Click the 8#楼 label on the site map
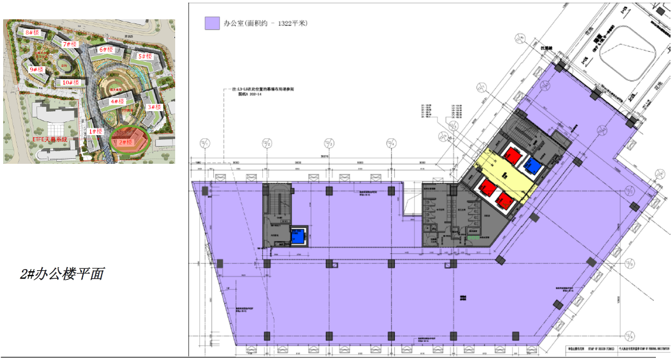pos(32,33)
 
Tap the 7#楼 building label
pos(70,45)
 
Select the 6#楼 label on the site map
pos(106,50)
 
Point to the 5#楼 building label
pos(144,56)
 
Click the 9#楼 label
pos(36,69)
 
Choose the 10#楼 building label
pos(70,83)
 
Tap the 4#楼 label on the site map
pos(117,102)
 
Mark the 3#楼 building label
pos(154,107)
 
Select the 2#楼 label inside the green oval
pos(126,142)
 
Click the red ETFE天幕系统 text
pos(51,140)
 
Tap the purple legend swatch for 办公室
pos(212,23)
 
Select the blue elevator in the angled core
pos(533,167)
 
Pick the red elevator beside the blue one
pos(511,154)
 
